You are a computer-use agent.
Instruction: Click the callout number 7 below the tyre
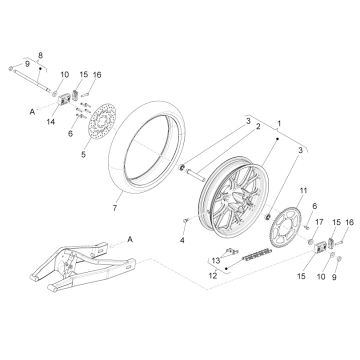[x=115, y=208]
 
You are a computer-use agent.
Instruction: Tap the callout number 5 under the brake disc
[x=83, y=154]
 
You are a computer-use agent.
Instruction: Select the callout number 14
[x=51, y=122]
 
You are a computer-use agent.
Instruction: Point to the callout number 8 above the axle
[x=40, y=56]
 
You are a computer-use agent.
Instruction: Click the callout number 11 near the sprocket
[x=303, y=191]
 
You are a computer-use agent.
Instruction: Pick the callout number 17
[x=319, y=222]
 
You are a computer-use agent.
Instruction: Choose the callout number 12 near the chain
[x=213, y=276]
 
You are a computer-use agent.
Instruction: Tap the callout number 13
[x=216, y=260]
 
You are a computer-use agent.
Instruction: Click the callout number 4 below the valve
[x=182, y=240]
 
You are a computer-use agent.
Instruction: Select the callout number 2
[x=258, y=126]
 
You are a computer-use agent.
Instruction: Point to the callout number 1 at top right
[x=279, y=124]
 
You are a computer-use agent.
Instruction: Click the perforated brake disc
[x=102, y=124]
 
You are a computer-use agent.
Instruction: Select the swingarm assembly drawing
[x=83, y=266]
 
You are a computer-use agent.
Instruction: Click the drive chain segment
[x=258, y=255]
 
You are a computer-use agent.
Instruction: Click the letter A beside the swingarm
[x=130, y=239]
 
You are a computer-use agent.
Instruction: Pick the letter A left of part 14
[x=32, y=112]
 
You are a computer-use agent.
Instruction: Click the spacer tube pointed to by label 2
[x=196, y=175]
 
